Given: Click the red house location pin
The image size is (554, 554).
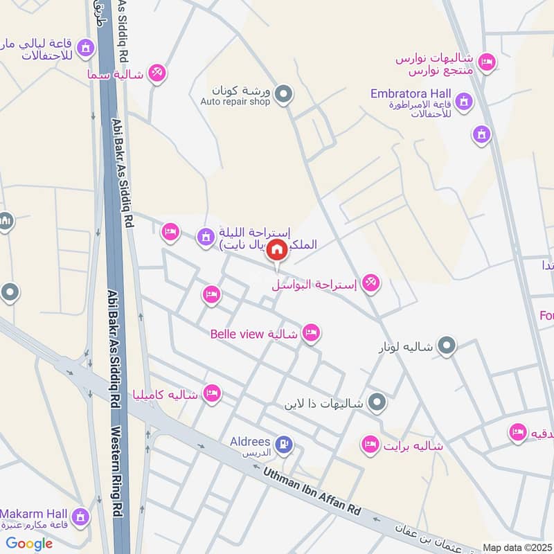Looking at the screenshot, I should (x=277, y=250).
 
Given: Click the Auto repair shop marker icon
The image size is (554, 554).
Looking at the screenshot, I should (x=283, y=93).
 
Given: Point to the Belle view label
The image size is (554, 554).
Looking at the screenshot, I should (x=235, y=334).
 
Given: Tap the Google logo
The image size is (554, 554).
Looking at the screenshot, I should (x=29, y=544).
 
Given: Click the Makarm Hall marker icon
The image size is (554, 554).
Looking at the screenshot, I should (x=80, y=517).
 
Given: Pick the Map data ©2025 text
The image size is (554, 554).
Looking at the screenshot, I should (x=516, y=547).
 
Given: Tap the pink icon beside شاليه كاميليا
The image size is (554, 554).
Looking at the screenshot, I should (x=212, y=394).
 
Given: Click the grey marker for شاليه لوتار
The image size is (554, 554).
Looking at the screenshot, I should (x=447, y=344).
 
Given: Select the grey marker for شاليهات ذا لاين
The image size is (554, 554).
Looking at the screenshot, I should (x=377, y=401).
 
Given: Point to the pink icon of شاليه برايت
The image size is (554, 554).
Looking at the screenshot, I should (x=370, y=444).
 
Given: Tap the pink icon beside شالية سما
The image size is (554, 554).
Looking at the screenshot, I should (x=157, y=72).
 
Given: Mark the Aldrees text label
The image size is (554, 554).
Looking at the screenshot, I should (x=249, y=441).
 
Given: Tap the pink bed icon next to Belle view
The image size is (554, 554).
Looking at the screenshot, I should (x=312, y=334).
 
